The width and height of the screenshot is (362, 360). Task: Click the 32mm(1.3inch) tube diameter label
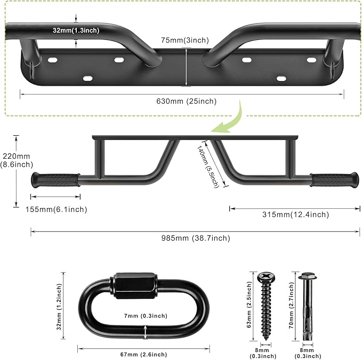76,30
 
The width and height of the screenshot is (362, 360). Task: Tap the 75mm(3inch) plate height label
185,40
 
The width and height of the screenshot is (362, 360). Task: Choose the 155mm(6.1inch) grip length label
56,209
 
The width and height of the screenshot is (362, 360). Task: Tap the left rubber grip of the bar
56,179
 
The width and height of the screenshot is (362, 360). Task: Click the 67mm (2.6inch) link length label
143,355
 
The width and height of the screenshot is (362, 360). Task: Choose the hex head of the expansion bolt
304,277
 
